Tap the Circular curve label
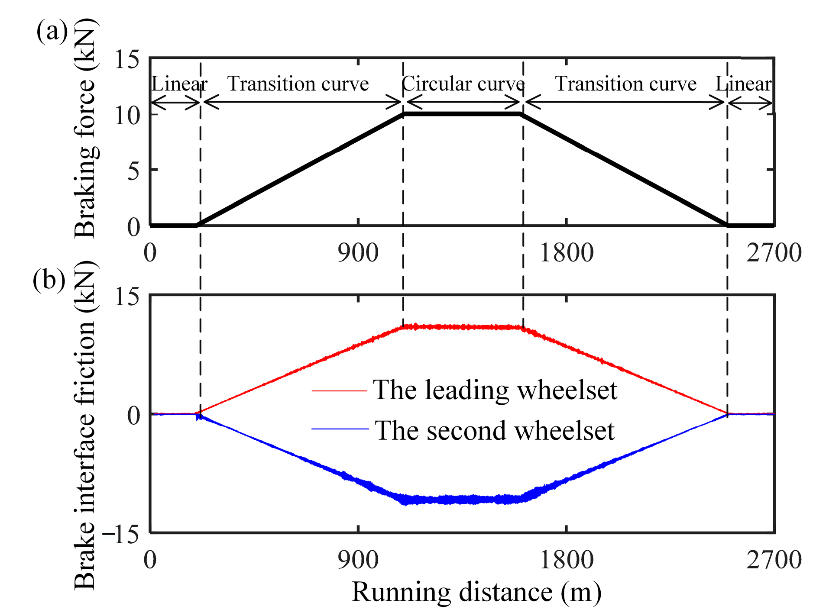(463, 84)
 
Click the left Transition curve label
(298, 84)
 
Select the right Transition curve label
(626, 84)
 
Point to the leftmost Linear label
(179, 84)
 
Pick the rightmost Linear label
(743, 84)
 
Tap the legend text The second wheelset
(494, 431)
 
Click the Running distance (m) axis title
(476, 592)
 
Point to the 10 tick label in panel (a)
(126, 115)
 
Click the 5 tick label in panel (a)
(133, 171)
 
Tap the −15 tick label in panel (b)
(120, 535)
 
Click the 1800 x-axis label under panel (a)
(566, 253)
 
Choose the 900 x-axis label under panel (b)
(358, 560)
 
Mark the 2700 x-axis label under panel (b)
(774, 560)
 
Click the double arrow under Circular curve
(463, 103)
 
